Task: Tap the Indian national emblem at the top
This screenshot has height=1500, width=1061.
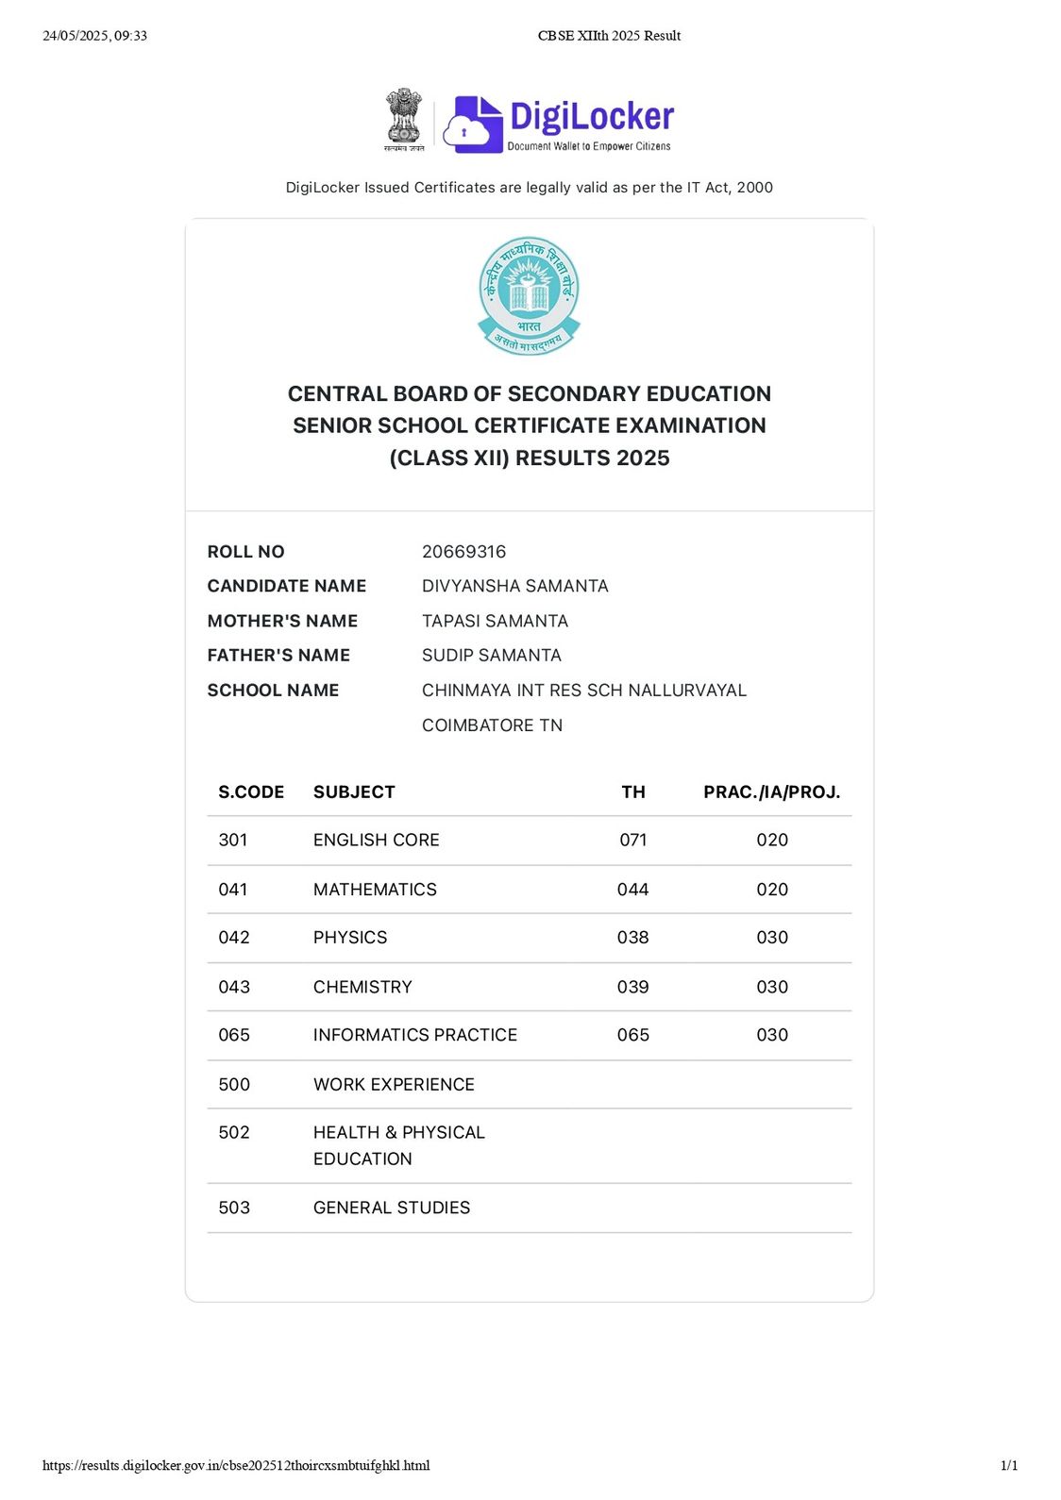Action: [x=404, y=119]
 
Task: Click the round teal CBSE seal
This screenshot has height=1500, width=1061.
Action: [x=529, y=295]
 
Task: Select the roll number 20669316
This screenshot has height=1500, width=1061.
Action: [x=463, y=552]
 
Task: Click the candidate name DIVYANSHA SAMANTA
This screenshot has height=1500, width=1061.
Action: [x=514, y=586]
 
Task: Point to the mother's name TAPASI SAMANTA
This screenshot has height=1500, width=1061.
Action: [x=495, y=621]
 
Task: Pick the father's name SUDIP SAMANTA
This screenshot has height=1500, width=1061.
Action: [x=491, y=655]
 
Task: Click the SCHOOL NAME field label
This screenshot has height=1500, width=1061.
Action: [x=273, y=691]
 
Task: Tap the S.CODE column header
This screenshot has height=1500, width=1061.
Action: [x=251, y=792]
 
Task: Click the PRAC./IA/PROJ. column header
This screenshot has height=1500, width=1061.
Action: [x=771, y=792]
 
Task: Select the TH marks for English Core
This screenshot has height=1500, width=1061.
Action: [x=632, y=840]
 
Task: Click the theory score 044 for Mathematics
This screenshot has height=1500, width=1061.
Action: [x=632, y=890]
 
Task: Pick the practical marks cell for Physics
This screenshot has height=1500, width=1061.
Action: [x=771, y=938]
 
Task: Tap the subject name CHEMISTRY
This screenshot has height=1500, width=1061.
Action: [x=362, y=987]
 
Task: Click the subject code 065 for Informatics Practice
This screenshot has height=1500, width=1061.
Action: [x=234, y=1035]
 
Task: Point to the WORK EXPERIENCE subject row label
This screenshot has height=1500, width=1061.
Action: [x=394, y=1085]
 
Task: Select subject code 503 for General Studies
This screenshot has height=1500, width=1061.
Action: [x=234, y=1208]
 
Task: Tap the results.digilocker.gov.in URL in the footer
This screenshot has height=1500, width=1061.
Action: [x=236, y=1465]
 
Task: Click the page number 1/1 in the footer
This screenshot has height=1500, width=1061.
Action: [x=1008, y=1465]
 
